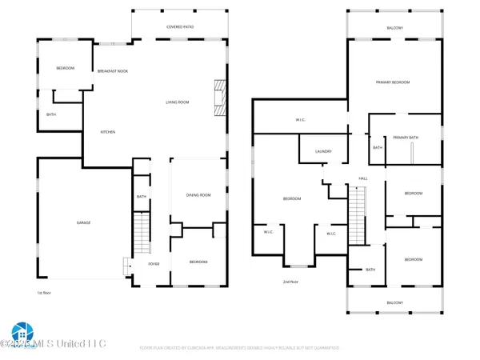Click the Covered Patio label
(x=180, y=26)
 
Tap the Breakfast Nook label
(x=114, y=71)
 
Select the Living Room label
(x=177, y=102)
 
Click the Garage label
(x=83, y=222)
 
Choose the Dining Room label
(x=197, y=195)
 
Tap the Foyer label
(x=154, y=262)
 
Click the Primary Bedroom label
(x=393, y=82)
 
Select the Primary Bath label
(x=405, y=138)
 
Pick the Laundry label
(x=323, y=151)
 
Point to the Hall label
(x=362, y=178)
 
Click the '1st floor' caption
(x=45, y=294)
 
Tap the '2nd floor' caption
(x=290, y=282)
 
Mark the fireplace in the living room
(x=217, y=96)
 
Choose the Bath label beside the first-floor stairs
(x=141, y=197)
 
